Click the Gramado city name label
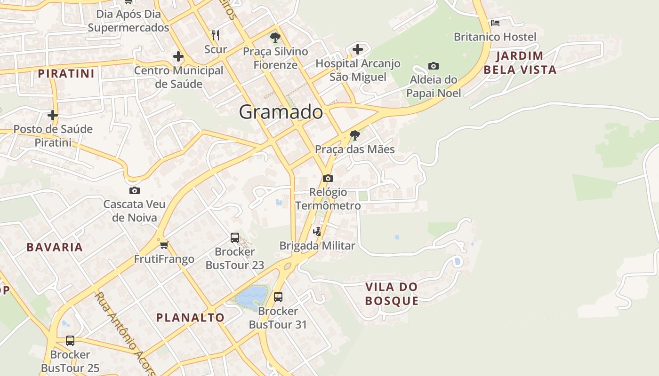pyautogui.click(x=281, y=112)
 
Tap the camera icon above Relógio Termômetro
pyautogui.click(x=328, y=178)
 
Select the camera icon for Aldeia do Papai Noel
pyautogui.click(x=433, y=66)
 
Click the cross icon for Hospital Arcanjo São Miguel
pyautogui.click(x=358, y=49)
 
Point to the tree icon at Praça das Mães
pyautogui.click(x=355, y=135)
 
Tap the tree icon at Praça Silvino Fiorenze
pyautogui.click(x=275, y=37)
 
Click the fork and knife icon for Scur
pyautogui.click(x=216, y=35)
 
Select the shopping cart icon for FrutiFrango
pyautogui.click(x=164, y=245)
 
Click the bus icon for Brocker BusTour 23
pyautogui.click(x=235, y=237)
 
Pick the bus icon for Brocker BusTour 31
pyautogui.click(x=278, y=297)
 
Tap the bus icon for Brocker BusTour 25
pyautogui.click(x=70, y=340)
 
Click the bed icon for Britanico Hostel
pyautogui.click(x=495, y=23)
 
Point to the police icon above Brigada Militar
pyautogui.click(x=317, y=231)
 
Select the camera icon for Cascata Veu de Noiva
pyautogui.click(x=135, y=190)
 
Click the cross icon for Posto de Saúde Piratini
pyautogui.click(x=53, y=115)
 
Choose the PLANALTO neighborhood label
pyautogui.click(x=190, y=317)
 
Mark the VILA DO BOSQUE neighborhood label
pyautogui.click(x=392, y=294)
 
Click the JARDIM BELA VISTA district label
pyautogui.click(x=520, y=63)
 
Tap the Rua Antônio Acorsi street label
pyautogui.click(x=125, y=334)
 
